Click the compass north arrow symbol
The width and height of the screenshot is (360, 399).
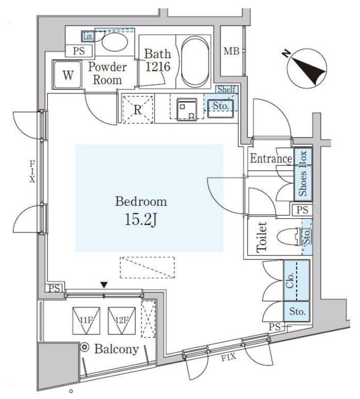[x=307, y=68]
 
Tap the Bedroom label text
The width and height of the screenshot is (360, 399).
[x=141, y=201]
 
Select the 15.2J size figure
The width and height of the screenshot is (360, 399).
[x=141, y=219]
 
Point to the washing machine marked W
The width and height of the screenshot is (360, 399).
[x=67, y=75]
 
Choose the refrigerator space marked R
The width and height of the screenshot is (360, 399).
[x=138, y=110]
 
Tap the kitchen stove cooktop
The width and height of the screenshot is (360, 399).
[x=187, y=110]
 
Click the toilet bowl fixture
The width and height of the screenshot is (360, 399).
[x=289, y=238]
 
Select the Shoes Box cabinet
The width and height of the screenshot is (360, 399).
[x=303, y=174]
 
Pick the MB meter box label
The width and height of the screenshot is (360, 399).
[x=231, y=51]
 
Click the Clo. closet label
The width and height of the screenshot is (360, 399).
[x=290, y=280]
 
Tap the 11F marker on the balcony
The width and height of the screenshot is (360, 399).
[x=86, y=320]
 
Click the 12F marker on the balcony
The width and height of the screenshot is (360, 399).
[x=121, y=320]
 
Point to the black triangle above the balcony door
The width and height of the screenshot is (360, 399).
[x=104, y=285]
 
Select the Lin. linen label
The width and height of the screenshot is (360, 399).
[x=88, y=36]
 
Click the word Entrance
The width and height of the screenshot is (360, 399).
[x=271, y=158]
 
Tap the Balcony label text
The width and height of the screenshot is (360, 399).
[x=116, y=349]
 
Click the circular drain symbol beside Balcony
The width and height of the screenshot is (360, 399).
[x=85, y=347]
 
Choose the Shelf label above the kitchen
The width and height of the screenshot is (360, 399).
[x=226, y=89]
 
